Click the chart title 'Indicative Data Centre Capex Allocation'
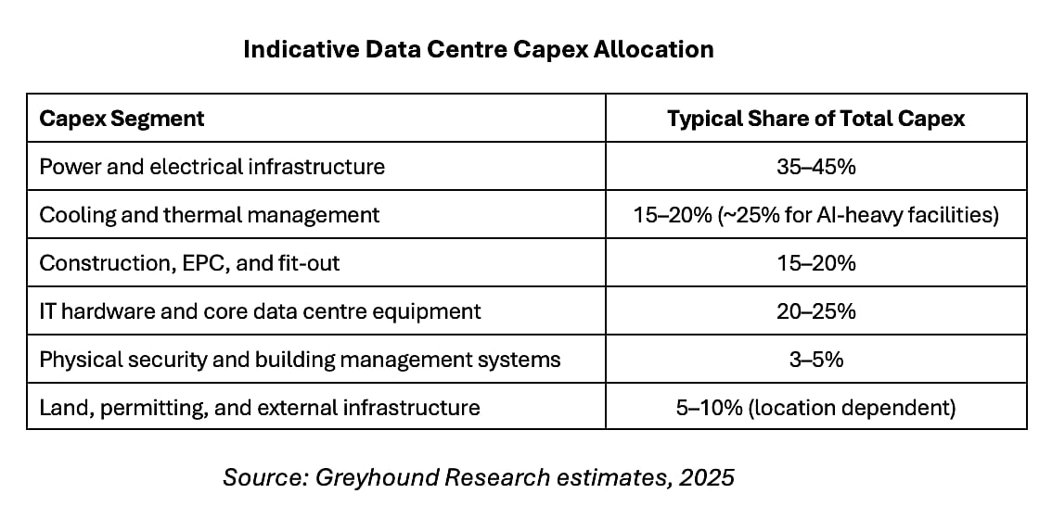point(478,49)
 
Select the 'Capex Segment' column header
point(122,119)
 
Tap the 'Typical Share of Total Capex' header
point(815,119)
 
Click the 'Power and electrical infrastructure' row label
point(212,167)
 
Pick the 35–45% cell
point(815,167)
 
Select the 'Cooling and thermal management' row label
point(209,215)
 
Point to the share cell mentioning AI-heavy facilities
point(815,215)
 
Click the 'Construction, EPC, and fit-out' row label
point(189,263)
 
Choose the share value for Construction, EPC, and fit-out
point(815,263)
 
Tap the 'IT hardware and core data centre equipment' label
point(260,311)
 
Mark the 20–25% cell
point(815,311)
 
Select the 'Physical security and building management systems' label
point(300,360)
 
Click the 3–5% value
point(815,360)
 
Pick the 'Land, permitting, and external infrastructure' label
point(260,408)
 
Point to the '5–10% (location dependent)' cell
point(815,408)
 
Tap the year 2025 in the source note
point(708,477)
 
